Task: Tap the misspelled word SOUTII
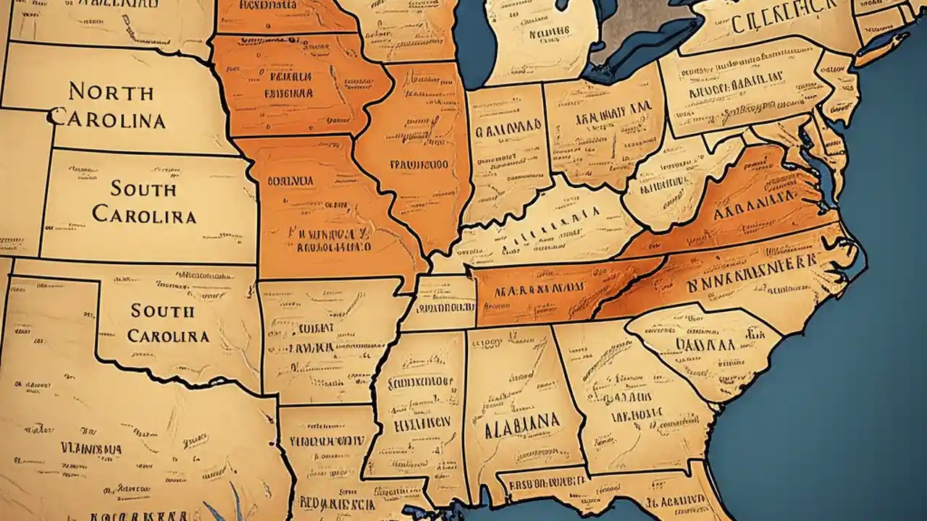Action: pyautogui.click(x=163, y=311)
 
